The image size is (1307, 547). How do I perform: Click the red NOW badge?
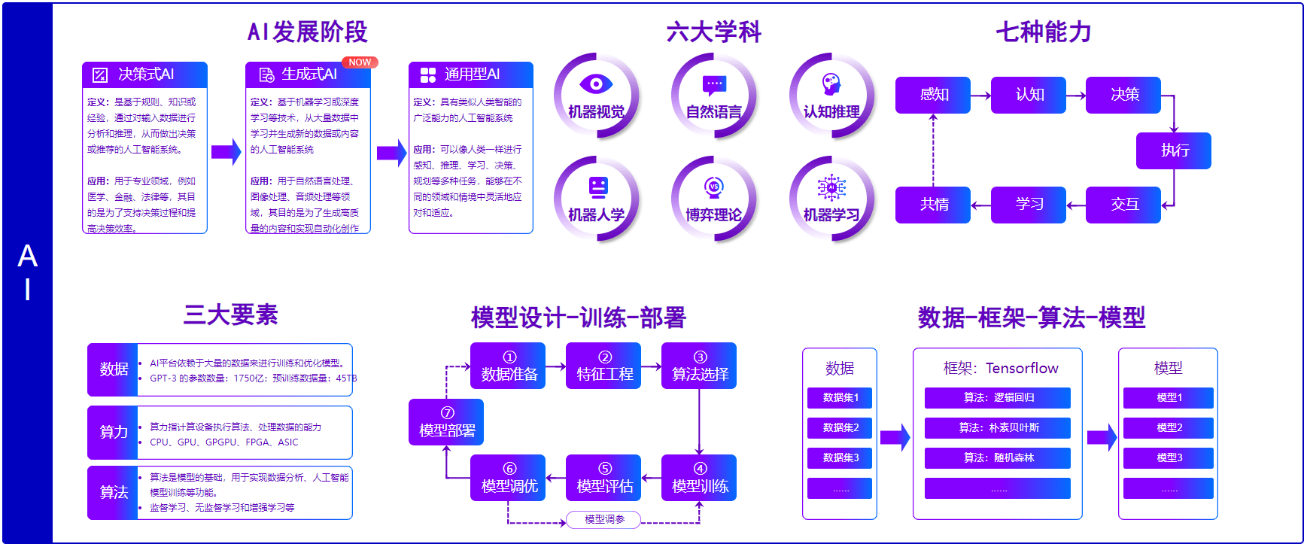pyautogui.click(x=360, y=62)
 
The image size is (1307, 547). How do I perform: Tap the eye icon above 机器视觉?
pyautogui.click(x=596, y=84)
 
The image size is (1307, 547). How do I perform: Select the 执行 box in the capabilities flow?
pyautogui.click(x=1173, y=150)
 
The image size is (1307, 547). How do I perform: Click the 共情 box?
pyautogui.click(x=933, y=205)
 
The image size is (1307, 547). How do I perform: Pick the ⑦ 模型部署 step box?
pyautogui.click(x=446, y=422)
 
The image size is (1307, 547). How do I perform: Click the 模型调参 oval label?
pyautogui.click(x=604, y=519)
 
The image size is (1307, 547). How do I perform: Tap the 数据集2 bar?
pyautogui.click(x=840, y=427)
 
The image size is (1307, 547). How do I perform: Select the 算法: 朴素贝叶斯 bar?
pyautogui.click(x=998, y=427)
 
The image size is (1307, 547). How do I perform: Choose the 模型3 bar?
pyautogui.click(x=1169, y=457)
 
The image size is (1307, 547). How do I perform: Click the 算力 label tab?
pyautogui.click(x=113, y=432)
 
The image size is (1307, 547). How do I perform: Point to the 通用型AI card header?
pyautogui.click(x=471, y=74)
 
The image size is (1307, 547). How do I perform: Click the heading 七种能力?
pyautogui.click(x=1043, y=32)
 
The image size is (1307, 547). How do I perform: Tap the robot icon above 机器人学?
pyautogui.click(x=597, y=186)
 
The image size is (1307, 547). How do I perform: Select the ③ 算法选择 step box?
pyautogui.click(x=699, y=366)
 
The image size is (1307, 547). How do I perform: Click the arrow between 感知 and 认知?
pyautogui.click(x=980, y=96)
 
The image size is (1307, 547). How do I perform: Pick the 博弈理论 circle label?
pyautogui.click(x=713, y=215)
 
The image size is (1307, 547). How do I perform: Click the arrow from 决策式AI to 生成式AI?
pyautogui.click(x=226, y=152)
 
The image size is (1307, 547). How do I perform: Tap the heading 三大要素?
pyautogui.click(x=230, y=315)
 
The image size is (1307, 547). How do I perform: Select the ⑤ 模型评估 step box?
pyautogui.click(x=603, y=478)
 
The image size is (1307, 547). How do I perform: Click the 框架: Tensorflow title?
pyautogui.click(x=1000, y=368)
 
